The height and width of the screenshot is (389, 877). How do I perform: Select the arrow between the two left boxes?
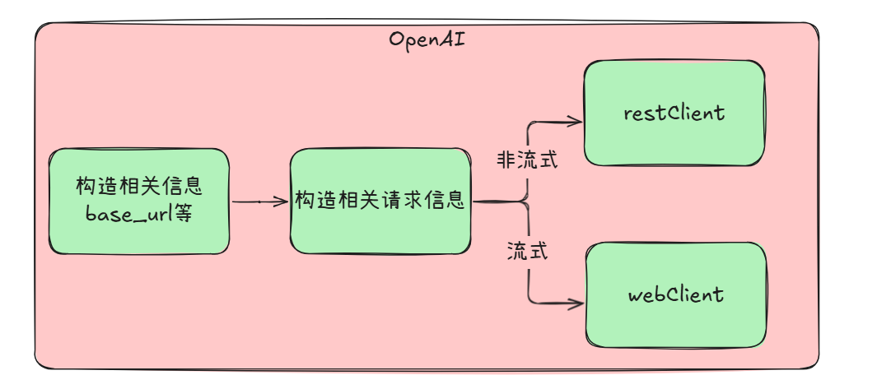point(259,201)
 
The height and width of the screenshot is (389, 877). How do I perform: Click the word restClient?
point(674,113)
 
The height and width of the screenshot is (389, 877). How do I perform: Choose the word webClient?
point(674,294)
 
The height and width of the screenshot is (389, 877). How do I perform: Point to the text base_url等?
point(138,214)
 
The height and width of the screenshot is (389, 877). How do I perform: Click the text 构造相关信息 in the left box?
point(138,186)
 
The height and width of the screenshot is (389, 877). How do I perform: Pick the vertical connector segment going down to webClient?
point(528,280)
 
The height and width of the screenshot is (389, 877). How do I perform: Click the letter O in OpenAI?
point(396,39)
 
